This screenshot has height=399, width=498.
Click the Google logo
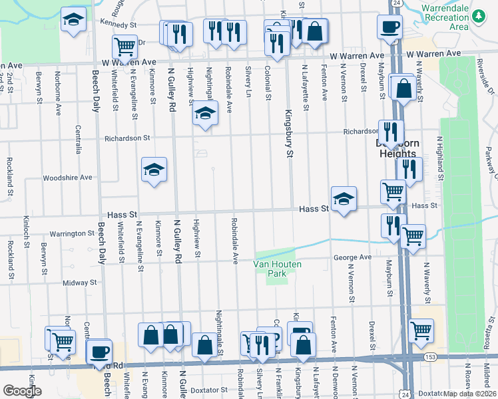(22, 391)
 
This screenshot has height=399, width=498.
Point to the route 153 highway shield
(424, 358)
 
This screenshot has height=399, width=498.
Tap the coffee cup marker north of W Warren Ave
(389, 27)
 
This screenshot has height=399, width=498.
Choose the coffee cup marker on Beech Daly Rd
(99, 351)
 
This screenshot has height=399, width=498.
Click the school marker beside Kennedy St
(74, 20)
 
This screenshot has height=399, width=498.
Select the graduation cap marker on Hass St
(344, 198)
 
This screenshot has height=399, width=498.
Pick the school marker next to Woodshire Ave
(154, 170)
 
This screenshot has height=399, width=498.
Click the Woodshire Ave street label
(67, 178)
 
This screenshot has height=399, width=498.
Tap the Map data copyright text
(470, 394)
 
